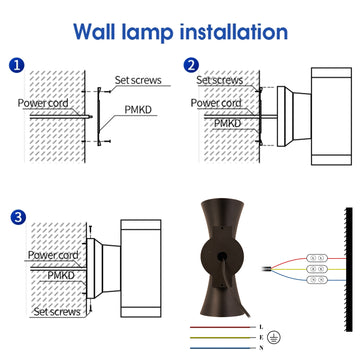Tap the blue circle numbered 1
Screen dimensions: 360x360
click(x=17, y=65)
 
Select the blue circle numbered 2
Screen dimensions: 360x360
click(x=191, y=65)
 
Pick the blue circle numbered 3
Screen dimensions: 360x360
click(x=18, y=217)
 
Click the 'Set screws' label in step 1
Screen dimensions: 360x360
click(x=138, y=80)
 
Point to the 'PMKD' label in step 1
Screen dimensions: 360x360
click(x=138, y=110)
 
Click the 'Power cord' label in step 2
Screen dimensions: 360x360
click(x=216, y=103)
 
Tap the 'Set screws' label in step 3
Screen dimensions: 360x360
click(x=57, y=312)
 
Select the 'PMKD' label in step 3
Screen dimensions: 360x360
click(x=61, y=276)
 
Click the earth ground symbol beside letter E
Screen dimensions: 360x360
click(x=275, y=337)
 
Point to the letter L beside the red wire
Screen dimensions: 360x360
click(x=261, y=327)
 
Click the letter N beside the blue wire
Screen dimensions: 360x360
click(x=261, y=348)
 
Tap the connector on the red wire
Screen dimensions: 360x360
click(x=317, y=258)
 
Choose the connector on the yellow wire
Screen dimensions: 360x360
click(x=317, y=269)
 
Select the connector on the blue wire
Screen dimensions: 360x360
click(x=317, y=280)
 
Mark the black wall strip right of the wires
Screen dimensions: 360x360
click(x=349, y=269)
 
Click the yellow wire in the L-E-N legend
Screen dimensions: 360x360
click(x=220, y=338)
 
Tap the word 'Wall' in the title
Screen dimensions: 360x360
click(x=95, y=32)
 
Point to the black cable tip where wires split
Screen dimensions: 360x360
click(x=267, y=268)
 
